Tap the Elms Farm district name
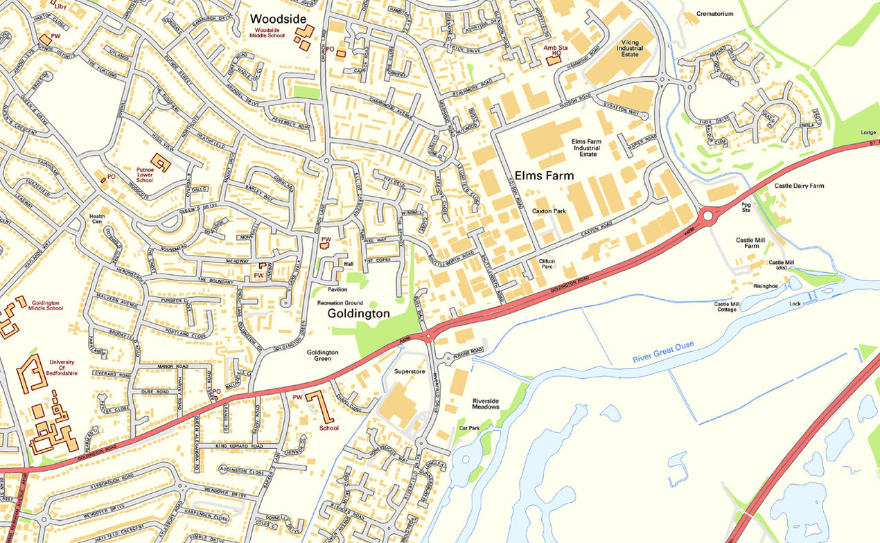544,176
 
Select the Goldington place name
358,314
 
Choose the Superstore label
408,372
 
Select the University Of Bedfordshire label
62,367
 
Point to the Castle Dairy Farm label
799,186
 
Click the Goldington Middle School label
45,307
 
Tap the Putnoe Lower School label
145,176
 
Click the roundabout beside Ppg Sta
707,216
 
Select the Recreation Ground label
340,303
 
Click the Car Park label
469,429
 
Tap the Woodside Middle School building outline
303,37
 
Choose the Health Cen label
97,220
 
